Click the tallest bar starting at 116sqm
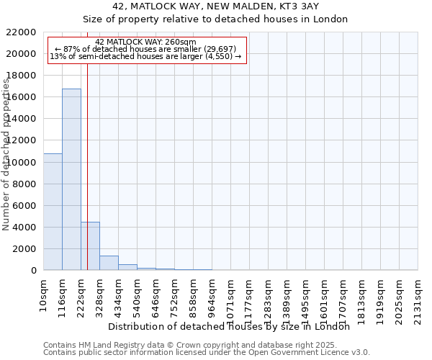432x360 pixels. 71,179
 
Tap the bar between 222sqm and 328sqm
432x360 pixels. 90,246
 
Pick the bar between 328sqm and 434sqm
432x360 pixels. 109,263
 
